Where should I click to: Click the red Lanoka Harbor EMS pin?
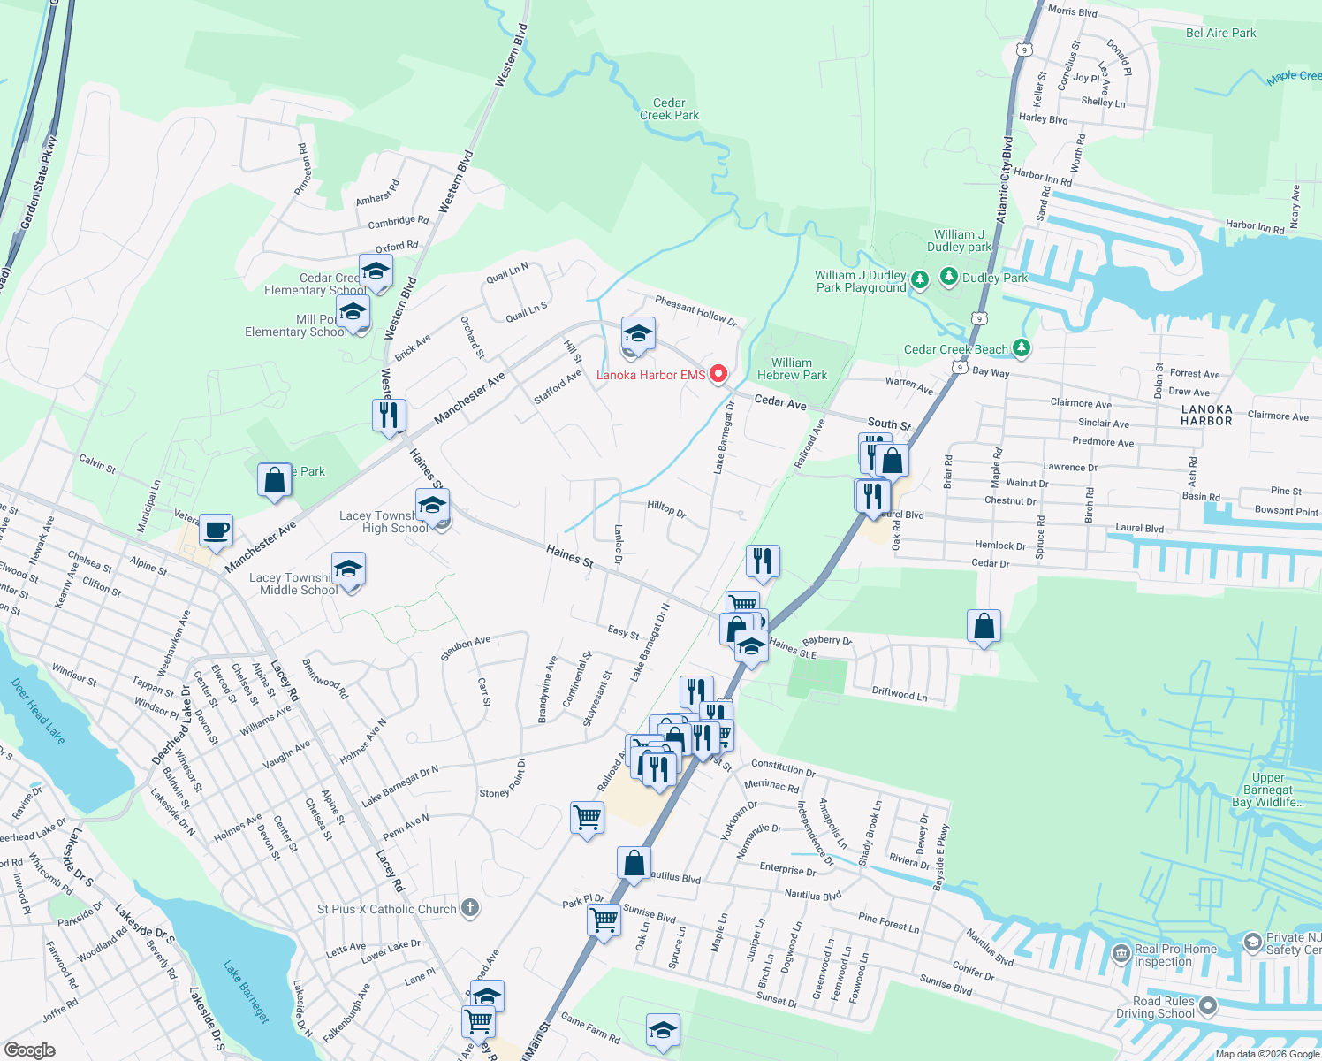click(718, 374)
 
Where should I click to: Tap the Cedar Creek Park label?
click(669, 109)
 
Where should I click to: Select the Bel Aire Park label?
click(1220, 33)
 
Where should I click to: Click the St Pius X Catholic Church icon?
click(470, 907)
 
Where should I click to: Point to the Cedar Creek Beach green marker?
click(1022, 348)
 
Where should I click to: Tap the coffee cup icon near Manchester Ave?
click(216, 530)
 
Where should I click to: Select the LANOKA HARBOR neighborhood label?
click(1206, 415)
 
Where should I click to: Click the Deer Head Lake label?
click(37, 710)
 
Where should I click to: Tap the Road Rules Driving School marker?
click(1208, 1006)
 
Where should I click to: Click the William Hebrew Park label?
click(792, 369)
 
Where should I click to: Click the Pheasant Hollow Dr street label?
click(695, 310)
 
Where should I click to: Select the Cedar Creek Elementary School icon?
click(376, 271)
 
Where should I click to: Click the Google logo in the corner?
click(29, 1050)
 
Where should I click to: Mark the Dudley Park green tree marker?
click(949, 277)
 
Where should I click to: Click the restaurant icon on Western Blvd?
click(389, 413)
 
